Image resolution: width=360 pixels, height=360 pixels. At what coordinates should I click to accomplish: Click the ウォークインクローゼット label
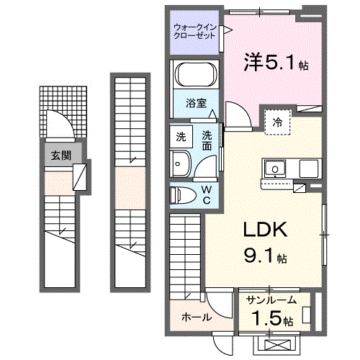[x=194, y=31]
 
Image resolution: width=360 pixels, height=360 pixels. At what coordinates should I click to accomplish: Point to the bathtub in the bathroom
[x=195, y=76]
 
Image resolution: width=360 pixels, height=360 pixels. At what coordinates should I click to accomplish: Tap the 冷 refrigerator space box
[x=276, y=123]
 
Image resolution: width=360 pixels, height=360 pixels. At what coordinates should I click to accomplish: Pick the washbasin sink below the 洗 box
[x=181, y=163]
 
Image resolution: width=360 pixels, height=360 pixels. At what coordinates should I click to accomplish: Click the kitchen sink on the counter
[x=274, y=170]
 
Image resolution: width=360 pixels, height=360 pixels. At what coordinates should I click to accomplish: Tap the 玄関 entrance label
[x=60, y=154]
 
